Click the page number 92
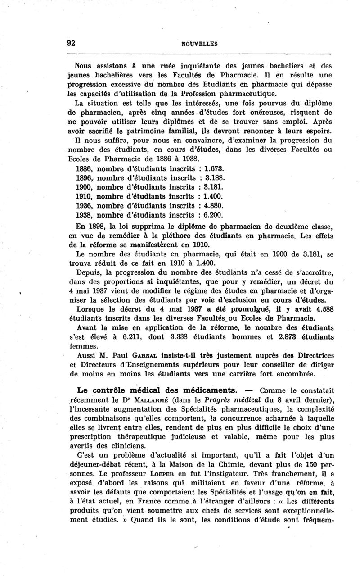71,43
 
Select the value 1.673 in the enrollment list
214,169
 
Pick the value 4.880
214,205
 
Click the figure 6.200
214,214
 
